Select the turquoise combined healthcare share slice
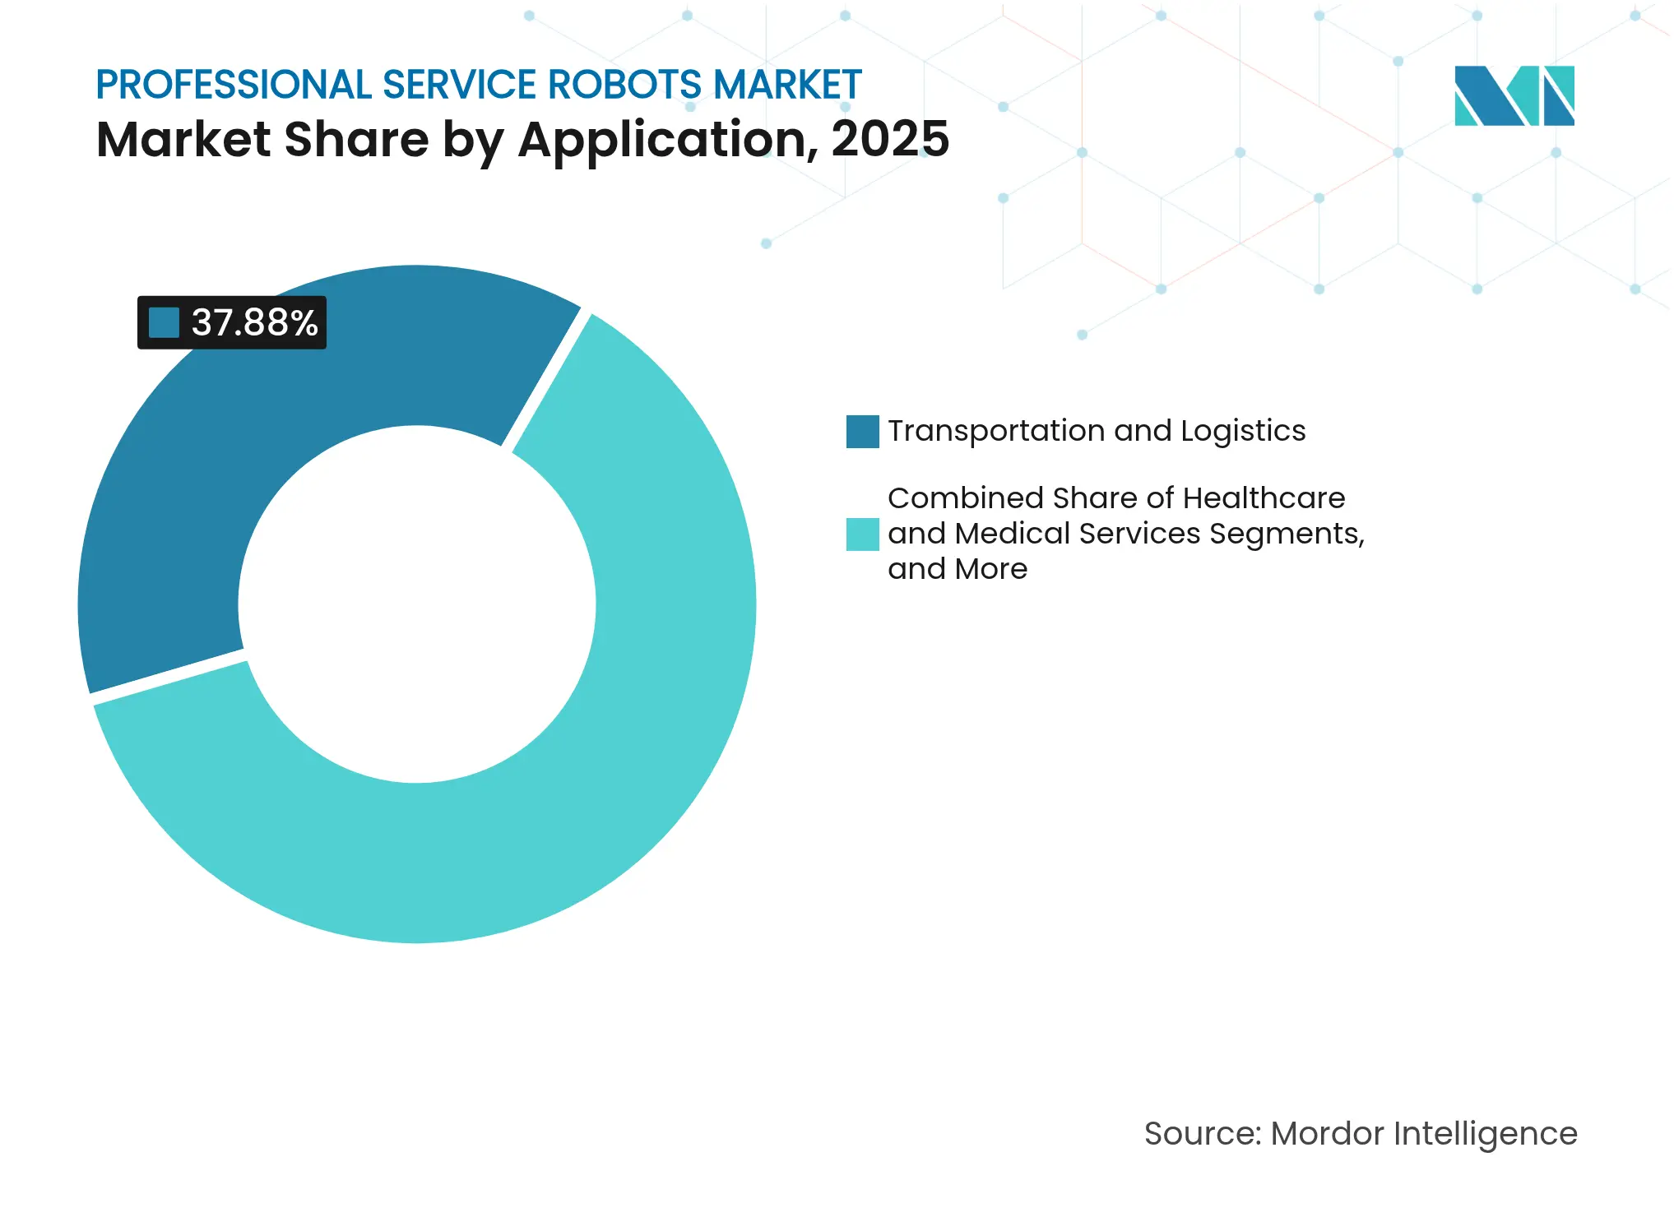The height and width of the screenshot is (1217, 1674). pos(576,781)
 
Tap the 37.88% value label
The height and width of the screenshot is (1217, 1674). pos(254,322)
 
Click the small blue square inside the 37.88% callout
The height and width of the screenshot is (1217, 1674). pos(164,322)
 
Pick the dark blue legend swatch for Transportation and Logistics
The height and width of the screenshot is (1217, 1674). pos(862,432)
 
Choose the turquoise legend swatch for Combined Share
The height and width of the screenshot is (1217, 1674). pos(862,534)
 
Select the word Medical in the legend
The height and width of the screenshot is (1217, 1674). pos(1013,534)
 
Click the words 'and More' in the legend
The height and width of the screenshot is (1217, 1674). pos(958,569)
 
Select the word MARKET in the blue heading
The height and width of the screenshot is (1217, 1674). pos(787,85)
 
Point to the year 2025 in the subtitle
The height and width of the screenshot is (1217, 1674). pos(890,139)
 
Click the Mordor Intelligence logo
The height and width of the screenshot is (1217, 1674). pos(1514,95)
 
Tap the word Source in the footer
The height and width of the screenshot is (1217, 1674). pos(1201,1134)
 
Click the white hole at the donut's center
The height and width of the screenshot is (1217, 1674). pos(417,604)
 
